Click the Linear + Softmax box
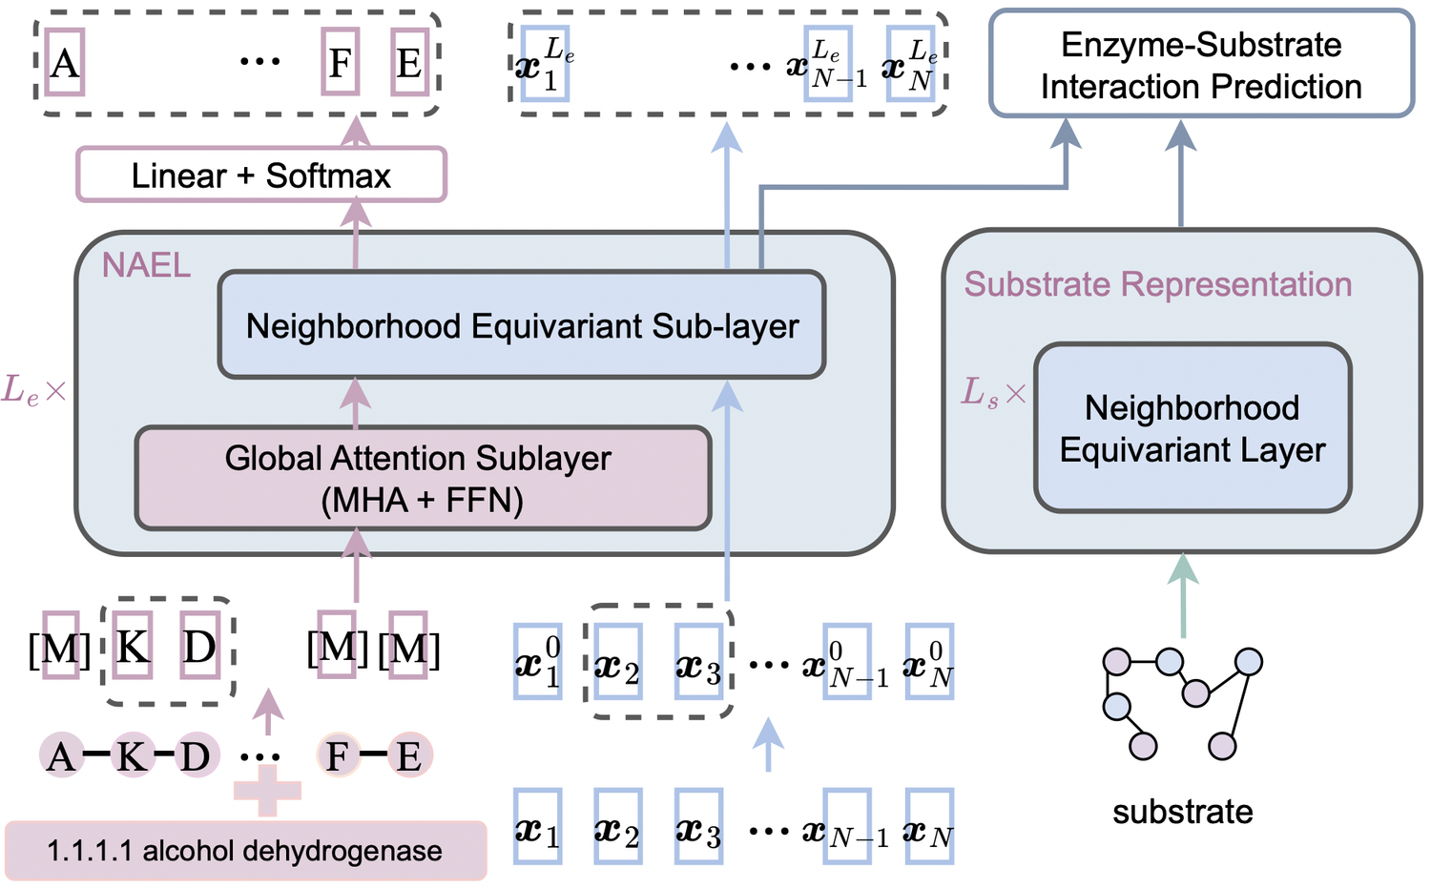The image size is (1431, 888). (x=260, y=175)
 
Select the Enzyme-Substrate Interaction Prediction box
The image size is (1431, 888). (x=1201, y=65)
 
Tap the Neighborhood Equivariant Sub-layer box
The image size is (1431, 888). (x=522, y=325)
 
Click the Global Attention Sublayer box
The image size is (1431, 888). (x=423, y=478)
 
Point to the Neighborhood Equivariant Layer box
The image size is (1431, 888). (x=1192, y=428)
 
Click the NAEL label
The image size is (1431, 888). (x=146, y=265)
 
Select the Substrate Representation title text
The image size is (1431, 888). (x=1157, y=284)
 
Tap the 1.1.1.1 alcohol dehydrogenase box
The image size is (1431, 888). (x=245, y=850)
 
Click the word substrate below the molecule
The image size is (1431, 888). (x=1182, y=812)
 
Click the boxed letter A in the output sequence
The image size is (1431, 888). (x=65, y=62)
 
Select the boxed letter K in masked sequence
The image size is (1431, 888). (x=132, y=647)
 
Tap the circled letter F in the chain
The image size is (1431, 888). (x=338, y=756)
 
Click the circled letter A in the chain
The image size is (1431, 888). (x=61, y=756)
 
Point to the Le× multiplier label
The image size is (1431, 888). (x=33, y=390)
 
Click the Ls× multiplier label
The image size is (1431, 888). (x=992, y=392)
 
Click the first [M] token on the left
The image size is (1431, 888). (x=59, y=649)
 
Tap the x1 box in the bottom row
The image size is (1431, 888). (x=537, y=827)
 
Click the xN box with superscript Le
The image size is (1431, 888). (x=911, y=64)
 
